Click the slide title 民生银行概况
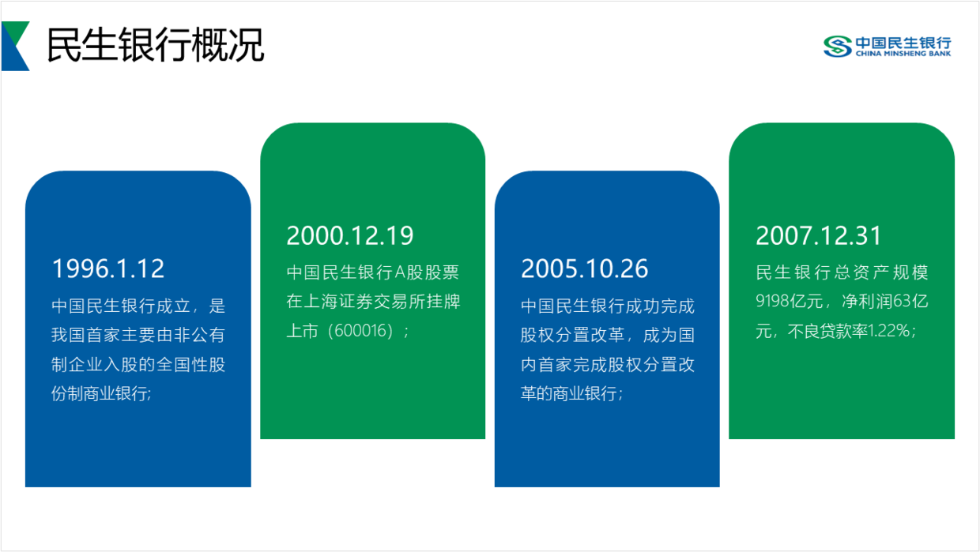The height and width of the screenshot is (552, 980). tap(156, 44)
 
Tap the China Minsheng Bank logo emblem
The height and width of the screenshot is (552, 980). tap(838, 47)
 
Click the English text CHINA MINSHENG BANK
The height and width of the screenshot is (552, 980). tap(903, 54)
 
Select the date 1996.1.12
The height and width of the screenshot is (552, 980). tap(108, 268)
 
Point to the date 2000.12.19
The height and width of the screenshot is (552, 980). tap(350, 235)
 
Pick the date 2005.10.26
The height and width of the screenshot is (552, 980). tap(585, 268)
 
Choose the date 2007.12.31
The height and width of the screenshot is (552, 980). tap(819, 235)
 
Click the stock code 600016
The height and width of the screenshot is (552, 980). tap(360, 331)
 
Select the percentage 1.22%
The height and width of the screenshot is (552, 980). tap(889, 331)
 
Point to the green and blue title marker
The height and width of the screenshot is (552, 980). tap(15, 46)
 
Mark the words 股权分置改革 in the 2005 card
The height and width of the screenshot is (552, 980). tap(573, 335)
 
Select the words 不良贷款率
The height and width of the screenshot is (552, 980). tap(827, 331)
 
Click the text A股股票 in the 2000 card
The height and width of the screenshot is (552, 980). tap(427, 272)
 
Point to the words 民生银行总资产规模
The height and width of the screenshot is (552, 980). tap(842, 272)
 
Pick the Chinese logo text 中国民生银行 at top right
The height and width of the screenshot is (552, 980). tap(903, 43)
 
